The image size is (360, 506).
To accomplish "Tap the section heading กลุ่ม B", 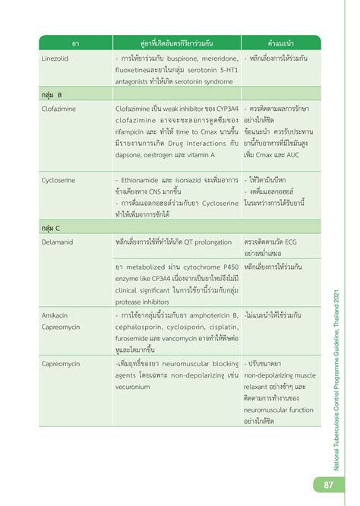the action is point(49,94).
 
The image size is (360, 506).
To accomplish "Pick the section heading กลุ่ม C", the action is point(49,226).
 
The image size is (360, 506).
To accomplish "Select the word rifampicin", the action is point(134,132).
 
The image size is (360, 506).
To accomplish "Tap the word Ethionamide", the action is point(143,181).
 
